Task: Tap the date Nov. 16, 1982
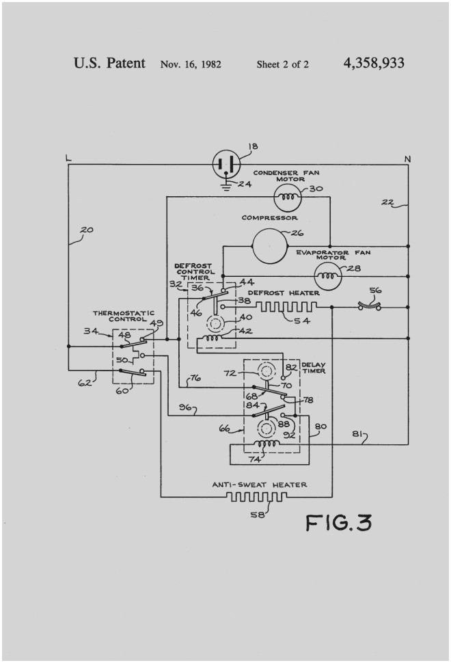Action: [191, 65]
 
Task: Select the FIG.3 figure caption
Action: [339, 523]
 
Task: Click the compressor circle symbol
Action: [270, 246]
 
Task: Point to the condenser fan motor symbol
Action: [286, 198]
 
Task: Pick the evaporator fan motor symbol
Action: [327, 276]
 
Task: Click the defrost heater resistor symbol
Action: [288, 306]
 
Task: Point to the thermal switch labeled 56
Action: [373, 307]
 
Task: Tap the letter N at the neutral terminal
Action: [407, 159]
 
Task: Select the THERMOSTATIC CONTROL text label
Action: [123, 316]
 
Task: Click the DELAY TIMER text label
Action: [314, 368]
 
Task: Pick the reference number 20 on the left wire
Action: [86, 230]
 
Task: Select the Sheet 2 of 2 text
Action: [283, 65]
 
